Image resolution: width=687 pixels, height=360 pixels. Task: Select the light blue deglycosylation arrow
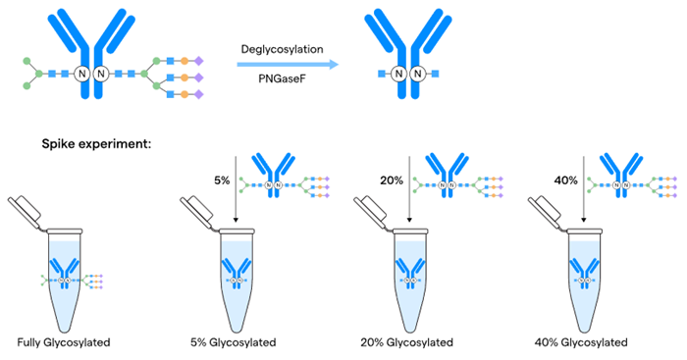pos(283,66)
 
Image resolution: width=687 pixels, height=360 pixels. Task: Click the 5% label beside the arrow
pos(220,180)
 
